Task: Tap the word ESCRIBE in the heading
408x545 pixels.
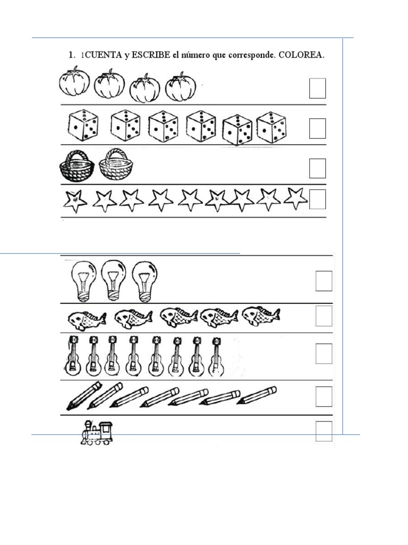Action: [151, 55]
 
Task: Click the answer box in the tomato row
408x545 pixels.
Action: [318, 88]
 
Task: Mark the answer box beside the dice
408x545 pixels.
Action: [318, 128]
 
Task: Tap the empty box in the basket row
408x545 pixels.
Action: [318, 168]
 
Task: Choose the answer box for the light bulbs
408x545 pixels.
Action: [324, 281]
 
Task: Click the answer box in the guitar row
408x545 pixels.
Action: [324, 353]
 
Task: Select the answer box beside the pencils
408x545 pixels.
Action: [324, 397]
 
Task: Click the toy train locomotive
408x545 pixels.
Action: [97, 433]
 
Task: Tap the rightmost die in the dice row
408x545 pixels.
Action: [271, 128]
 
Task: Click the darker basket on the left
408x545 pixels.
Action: [77, 166]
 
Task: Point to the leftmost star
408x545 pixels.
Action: [75, 201]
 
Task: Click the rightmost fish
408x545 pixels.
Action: [261, 316]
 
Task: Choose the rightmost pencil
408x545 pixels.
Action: [257, 396]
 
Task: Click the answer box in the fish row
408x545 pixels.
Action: [324, 316]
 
